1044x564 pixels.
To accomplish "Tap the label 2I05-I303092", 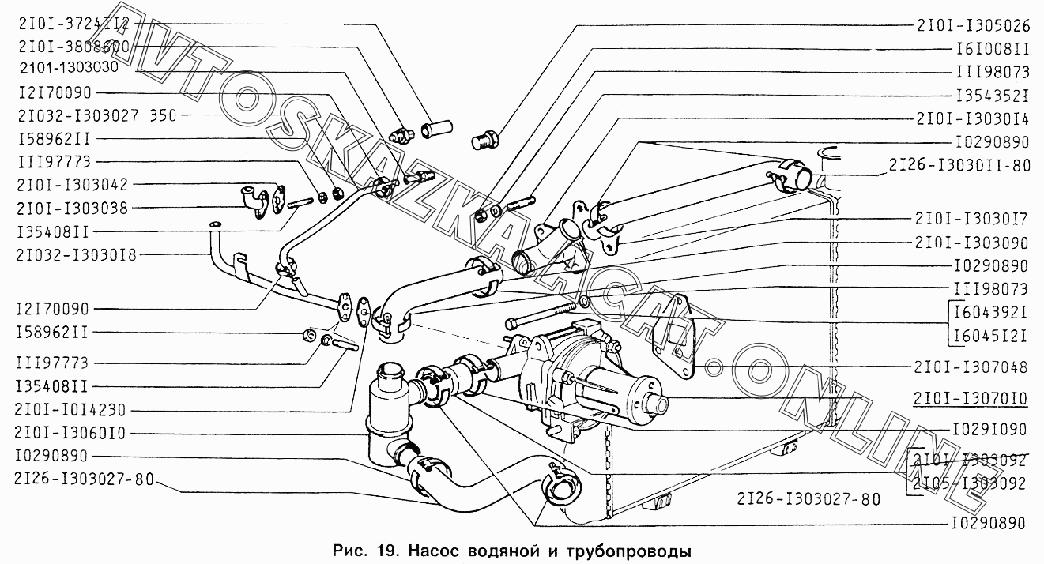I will click(969, 483).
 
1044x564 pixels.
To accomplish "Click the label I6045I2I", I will click(988, 335).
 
